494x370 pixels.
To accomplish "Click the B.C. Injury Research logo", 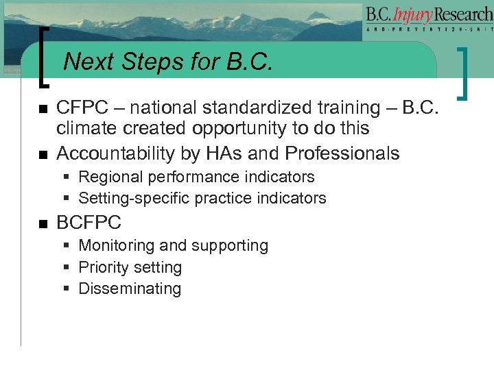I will tap(428, 19).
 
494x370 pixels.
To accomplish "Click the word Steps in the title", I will tap(148, 62).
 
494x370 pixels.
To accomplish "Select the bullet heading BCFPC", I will tap(89, 223).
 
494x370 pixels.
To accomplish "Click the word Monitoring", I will tap(115, 245).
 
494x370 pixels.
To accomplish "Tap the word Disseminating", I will tap(130, 289).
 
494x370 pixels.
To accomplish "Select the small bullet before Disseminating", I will tap(67, 289).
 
